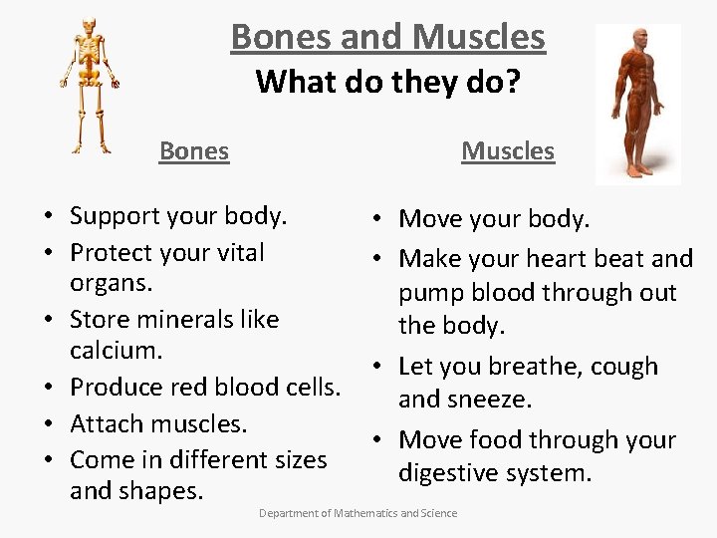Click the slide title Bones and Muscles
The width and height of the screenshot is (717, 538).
coord(387,37)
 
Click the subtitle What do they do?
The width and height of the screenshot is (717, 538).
coord(387,81)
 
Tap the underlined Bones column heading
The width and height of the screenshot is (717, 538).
coord(194,151)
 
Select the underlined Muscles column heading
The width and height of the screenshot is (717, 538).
coord(507,151)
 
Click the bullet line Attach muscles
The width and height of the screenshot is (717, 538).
coord(158,423)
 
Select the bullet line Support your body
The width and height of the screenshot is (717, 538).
coord(178,215)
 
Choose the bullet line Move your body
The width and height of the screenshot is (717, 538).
coord(494,218)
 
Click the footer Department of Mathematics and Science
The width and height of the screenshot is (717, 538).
coord(358,513)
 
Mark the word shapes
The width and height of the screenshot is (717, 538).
coord(165,491)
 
